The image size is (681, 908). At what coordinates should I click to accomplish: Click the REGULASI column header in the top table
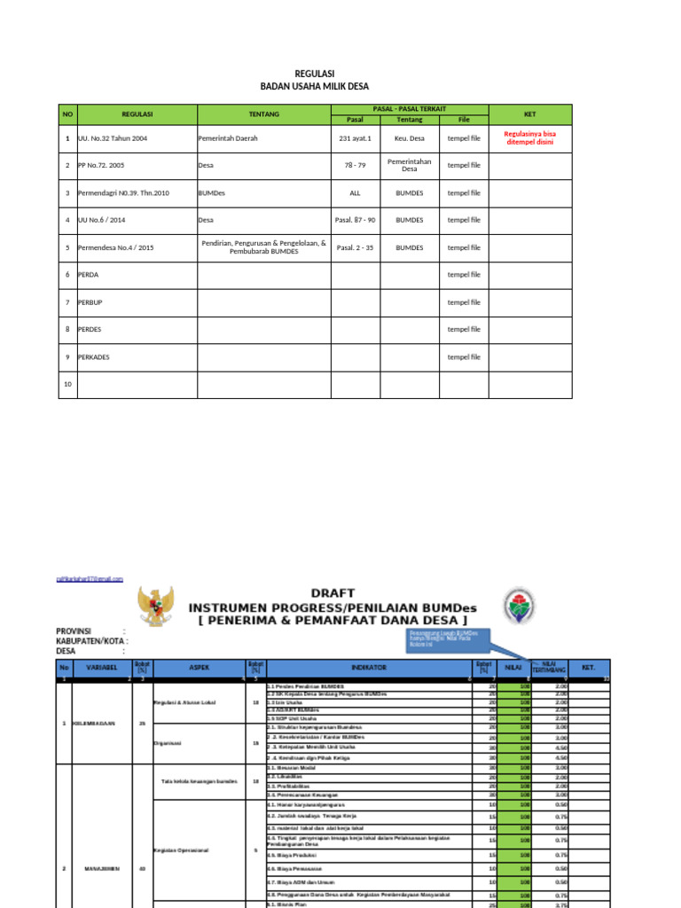tap(137, 114)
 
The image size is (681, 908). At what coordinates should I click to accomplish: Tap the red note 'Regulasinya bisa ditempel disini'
tap(530, 138)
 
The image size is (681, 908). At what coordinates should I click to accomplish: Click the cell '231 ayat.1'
tap(356, 138)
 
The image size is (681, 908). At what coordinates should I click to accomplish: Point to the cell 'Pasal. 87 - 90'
tap(356, 220)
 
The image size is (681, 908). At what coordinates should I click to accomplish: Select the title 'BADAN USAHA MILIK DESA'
tap(314, 87)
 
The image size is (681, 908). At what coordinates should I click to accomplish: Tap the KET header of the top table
tap(530, 114)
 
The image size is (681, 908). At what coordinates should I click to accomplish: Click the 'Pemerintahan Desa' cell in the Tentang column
tap(409, 165)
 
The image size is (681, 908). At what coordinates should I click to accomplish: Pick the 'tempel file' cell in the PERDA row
tap(464, 275)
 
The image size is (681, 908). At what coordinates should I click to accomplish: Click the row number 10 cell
tap(67, 385)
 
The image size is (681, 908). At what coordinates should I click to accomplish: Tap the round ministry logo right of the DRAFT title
tap(521, 607)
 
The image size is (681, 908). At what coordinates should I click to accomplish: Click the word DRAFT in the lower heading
tap(333, 591)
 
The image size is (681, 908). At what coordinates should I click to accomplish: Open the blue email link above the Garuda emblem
tap(90, 578)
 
